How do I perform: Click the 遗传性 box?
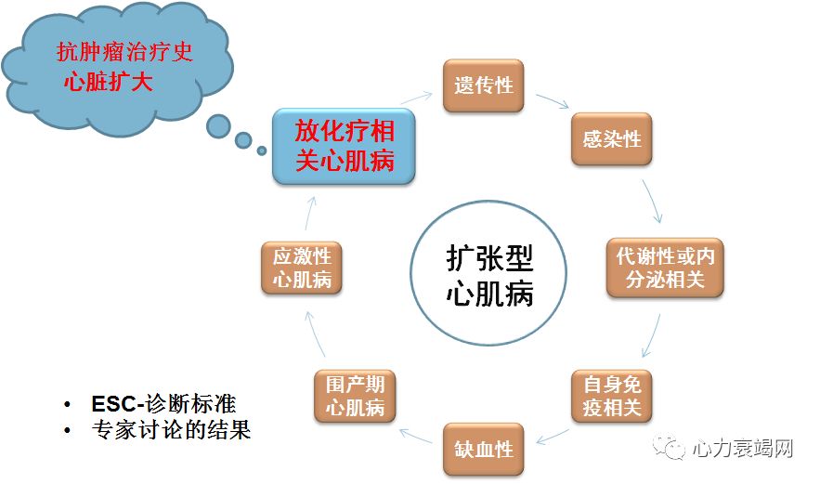[x=484, y=86]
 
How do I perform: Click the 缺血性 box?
[x=484, y=450]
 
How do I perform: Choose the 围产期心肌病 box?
[x=355, y=396]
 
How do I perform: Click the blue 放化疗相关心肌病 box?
[x=345, y=146]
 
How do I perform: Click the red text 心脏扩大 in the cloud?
[x=108, y=81]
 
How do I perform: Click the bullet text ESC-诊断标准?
[x=163, y=404]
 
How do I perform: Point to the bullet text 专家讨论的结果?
[x=171, y=431]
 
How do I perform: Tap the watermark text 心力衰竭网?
[x=742, y=450]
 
